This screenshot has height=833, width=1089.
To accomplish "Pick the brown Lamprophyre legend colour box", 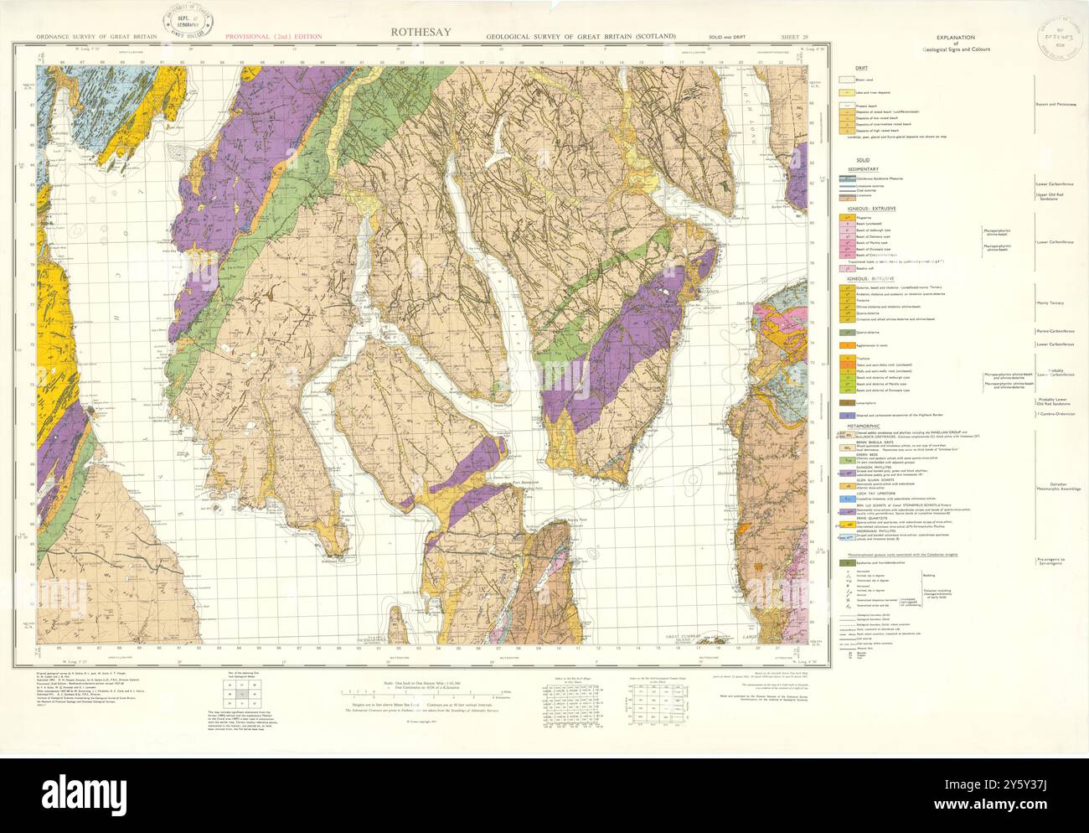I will tap(848, 402).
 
